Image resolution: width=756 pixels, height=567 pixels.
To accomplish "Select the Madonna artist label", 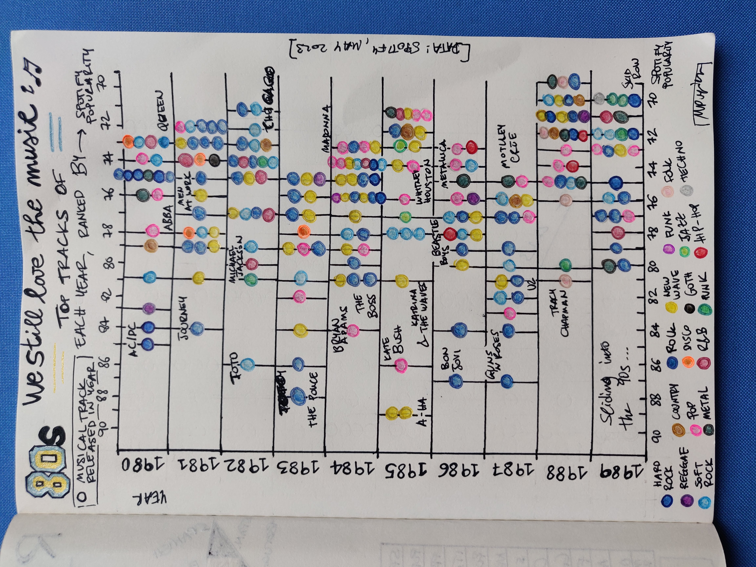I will pos(326,128).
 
